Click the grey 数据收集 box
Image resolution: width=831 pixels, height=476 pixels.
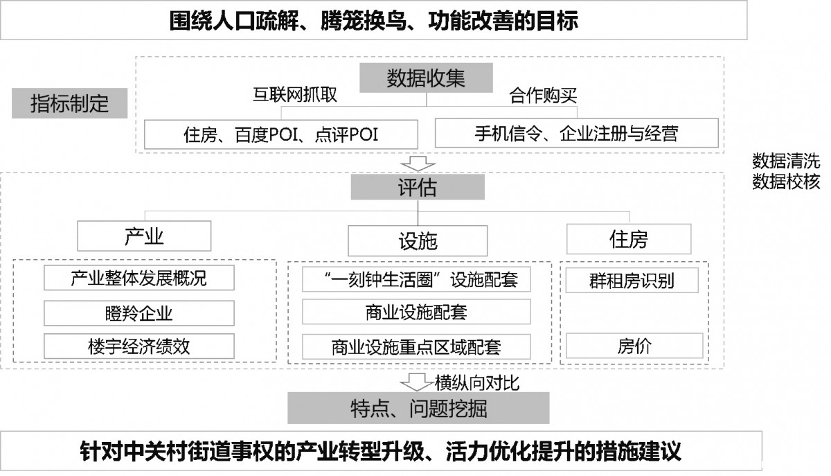427,78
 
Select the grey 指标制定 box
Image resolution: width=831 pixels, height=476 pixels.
70,103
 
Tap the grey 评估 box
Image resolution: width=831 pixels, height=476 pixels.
418,187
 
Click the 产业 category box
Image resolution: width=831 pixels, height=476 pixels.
144,236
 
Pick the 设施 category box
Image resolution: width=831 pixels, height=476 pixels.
418,240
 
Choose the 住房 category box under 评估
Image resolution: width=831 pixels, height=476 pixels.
629,239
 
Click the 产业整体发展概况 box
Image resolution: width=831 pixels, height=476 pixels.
139,278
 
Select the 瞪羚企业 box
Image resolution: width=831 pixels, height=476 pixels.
139,313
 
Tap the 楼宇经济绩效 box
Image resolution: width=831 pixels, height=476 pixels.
139,346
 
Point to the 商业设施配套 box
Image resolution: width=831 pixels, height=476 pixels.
416,312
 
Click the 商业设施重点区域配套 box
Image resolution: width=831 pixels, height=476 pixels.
416,347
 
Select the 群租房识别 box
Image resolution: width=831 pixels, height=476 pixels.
632,281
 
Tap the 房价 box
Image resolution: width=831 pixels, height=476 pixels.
634,346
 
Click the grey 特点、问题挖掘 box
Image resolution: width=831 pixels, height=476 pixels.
418,408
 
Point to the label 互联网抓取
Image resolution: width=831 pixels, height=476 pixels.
295,95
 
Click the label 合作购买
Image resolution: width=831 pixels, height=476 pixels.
543,96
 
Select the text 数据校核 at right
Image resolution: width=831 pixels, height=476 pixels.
786,182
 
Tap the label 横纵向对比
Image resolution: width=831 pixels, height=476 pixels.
477,382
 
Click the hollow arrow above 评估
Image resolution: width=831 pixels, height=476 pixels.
418,164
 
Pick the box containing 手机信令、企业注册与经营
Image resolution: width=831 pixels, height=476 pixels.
576,133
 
